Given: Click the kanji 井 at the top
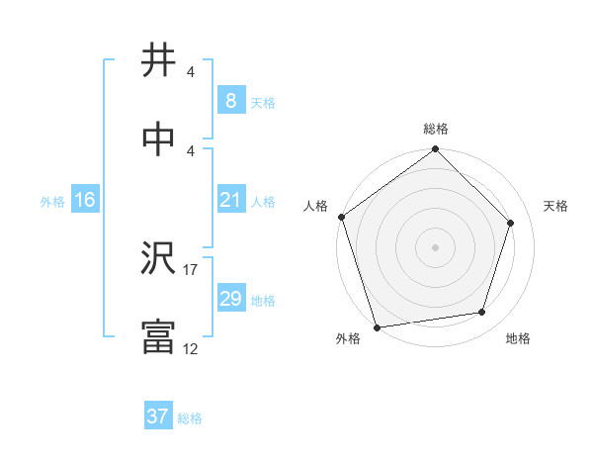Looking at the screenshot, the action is [x=158, y=61].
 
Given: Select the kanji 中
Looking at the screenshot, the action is [x=158, y=139].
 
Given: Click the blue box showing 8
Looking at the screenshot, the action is [x=230, y=100].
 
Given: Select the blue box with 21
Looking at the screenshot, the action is [x=230, y=201].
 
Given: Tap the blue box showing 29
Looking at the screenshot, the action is [x=230, y=299].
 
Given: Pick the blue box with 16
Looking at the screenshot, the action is [x=85, y=201].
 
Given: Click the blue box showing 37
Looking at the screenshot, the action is [x=158, y=417].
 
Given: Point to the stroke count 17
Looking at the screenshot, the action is [x=191, y=269].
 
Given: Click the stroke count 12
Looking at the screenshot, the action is [x=191, y=348].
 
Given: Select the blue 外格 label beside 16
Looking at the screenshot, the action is [x=52, y=202].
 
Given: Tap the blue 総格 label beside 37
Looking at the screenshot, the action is [x=191, y=418].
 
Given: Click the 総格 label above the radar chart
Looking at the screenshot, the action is [x=435, y=129].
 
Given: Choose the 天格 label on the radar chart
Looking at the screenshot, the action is [x=556, y=206].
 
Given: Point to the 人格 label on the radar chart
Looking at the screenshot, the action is [x=315, y=206].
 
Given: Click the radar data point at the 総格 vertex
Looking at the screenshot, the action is [x=435, y=150].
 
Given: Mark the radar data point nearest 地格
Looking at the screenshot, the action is [x=482, y=313].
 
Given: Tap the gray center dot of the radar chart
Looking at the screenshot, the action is [x=435, y=246].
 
